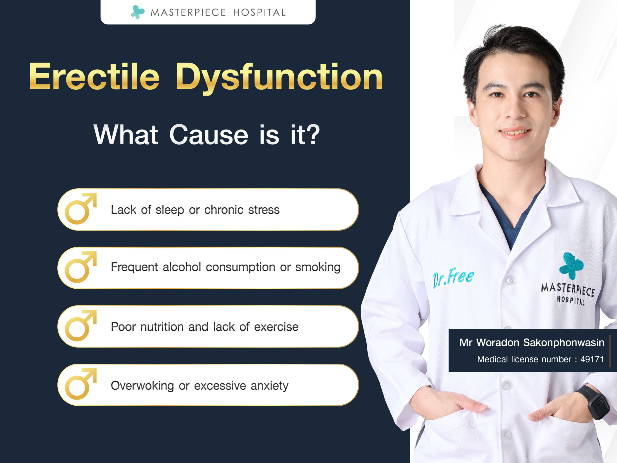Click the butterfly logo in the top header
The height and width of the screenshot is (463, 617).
(x=138, y=12)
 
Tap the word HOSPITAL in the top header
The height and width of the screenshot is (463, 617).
(x=259, y=13)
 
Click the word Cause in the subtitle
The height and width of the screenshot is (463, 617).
(x=209, y=135)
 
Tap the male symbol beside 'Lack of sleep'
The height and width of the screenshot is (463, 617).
(x=80, y=209)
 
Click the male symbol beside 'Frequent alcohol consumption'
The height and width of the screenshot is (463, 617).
(x=80, y=267)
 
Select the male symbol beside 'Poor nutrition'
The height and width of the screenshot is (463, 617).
(x=80, y=325)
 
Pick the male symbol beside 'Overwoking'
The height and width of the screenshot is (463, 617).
(x=80, y=384)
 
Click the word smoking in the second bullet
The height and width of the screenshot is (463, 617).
(x=318, y=268)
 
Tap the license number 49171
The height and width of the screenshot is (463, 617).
(x=592, y=359)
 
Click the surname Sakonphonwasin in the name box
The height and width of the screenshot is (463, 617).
(x=563, y=343)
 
